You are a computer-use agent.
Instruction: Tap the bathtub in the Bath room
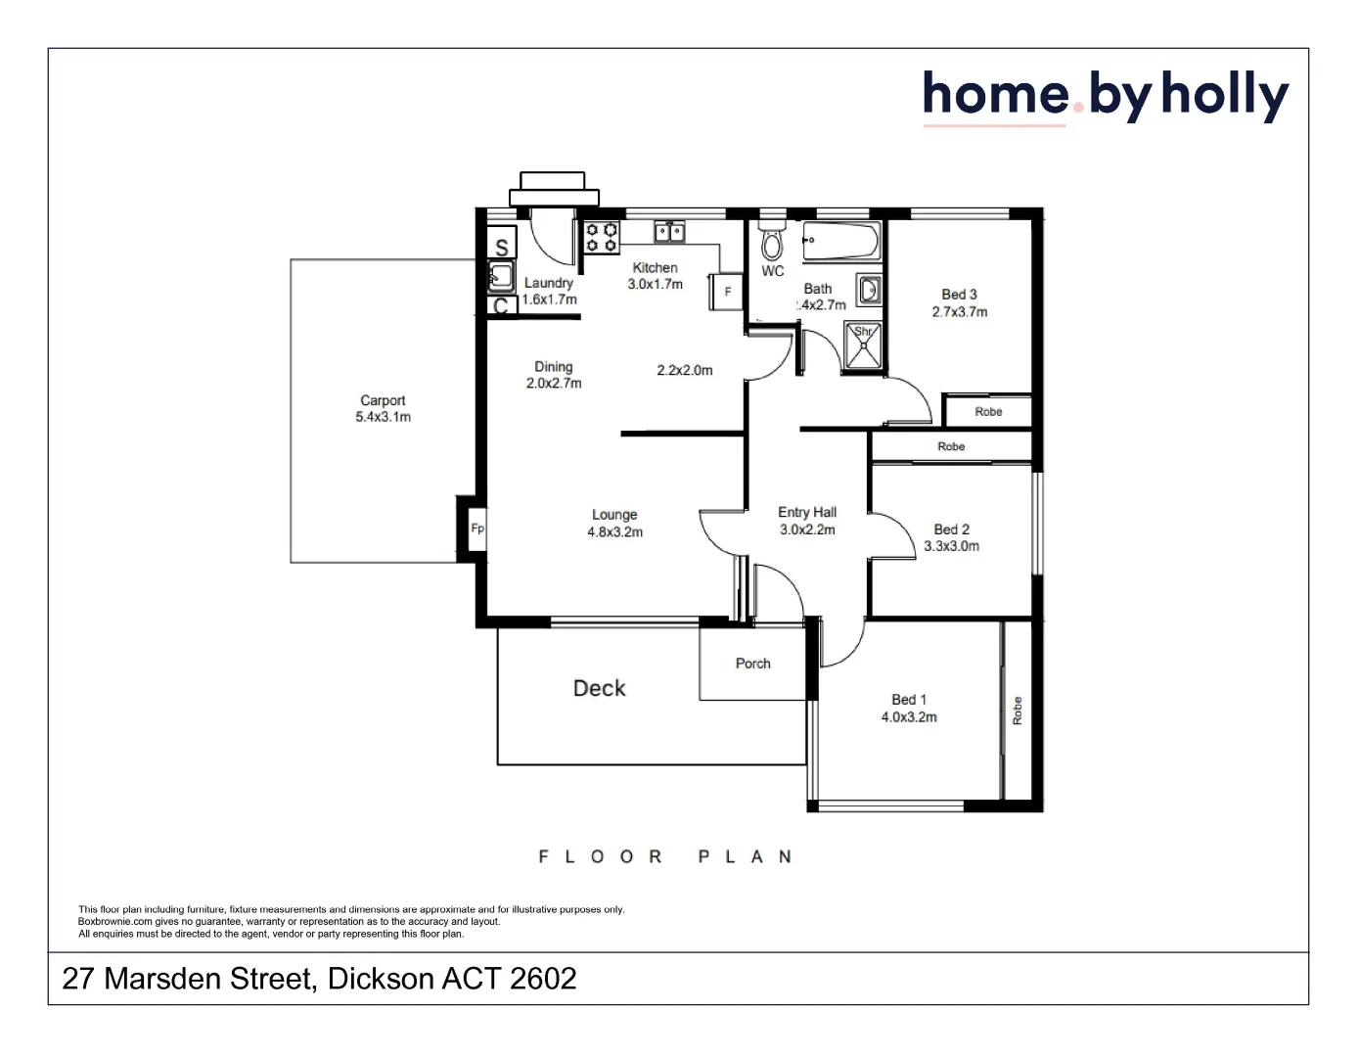[x=841, y=241]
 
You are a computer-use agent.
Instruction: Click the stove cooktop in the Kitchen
[x=602, y=238]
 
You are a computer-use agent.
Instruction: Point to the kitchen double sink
[x=669, y=232]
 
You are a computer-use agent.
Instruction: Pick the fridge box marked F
[x=727, y=292]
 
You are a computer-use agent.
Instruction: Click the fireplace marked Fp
[x=477, y=528]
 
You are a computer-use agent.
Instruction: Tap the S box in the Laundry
[x=502, y=247]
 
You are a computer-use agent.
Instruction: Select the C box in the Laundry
[x=501, y=306]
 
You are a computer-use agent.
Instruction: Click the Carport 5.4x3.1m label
[x=383, y=409]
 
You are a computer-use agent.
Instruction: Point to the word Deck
[x=599, y=688]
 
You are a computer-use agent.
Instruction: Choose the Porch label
[x=752, y=664]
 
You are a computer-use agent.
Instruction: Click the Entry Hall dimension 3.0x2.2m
[x=807, y=530]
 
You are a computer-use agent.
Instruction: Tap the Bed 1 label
[x=908, y=700]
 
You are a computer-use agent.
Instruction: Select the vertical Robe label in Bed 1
[x=1018, y=711]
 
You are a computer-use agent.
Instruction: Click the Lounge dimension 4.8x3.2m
[x=614, y=532]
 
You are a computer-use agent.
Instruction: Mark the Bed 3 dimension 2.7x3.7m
[x=959, y=312]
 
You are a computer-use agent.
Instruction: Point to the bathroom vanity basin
[x=869, y=290]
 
